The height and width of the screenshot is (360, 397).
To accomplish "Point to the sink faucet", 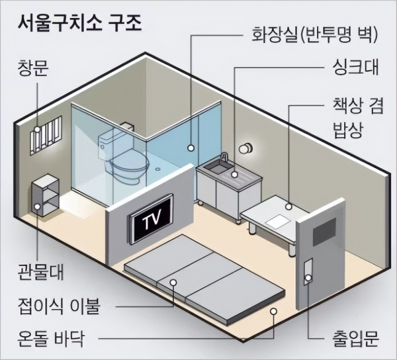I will pos(224,160).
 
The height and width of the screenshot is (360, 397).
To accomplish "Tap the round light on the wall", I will pos(247,148).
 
